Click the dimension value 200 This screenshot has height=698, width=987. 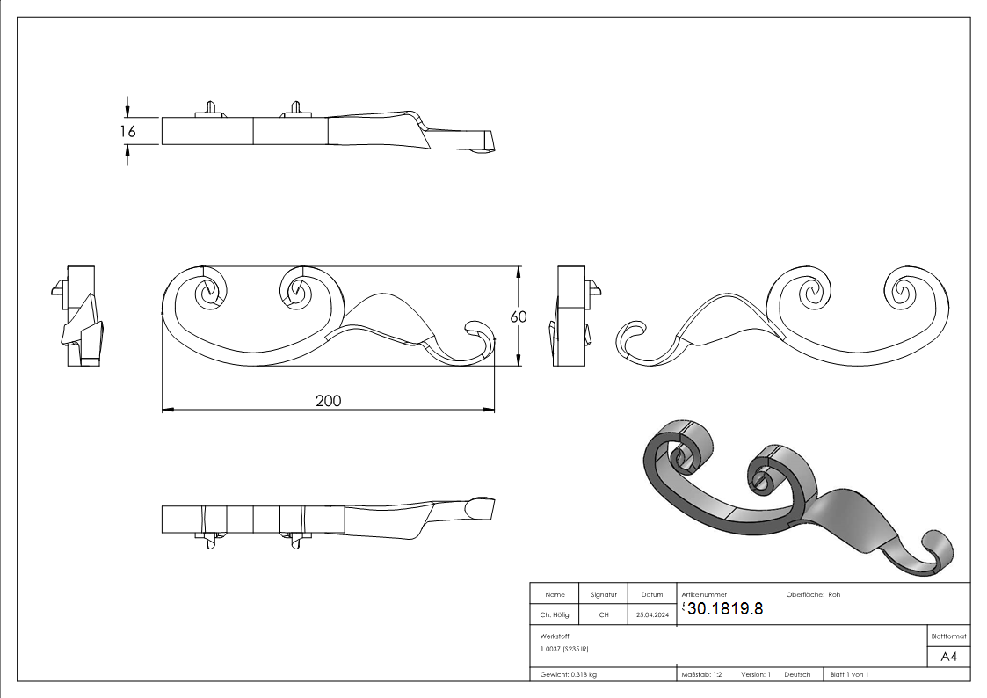click(328, 401)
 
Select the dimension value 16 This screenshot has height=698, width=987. click(128, 131)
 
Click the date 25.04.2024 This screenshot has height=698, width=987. click(652, 615)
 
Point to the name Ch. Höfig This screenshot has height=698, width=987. click(555, 615)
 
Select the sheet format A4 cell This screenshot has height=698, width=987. click(949, 657)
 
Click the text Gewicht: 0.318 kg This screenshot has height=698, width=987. click(569, 675)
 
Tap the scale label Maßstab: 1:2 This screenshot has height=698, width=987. click(701, 675)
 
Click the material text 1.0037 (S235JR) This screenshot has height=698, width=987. click(564, 649)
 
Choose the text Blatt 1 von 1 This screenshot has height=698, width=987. click(849, 675)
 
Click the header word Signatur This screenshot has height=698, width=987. click(604, 595)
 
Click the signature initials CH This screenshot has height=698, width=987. click(604, 615)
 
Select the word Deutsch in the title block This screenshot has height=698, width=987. click(797, 675)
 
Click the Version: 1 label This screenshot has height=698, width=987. click(755, 675)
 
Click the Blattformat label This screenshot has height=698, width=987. click(949, 636)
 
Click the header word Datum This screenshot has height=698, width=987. click(652, 595)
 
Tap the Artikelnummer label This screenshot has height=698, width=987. click(704, 595)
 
